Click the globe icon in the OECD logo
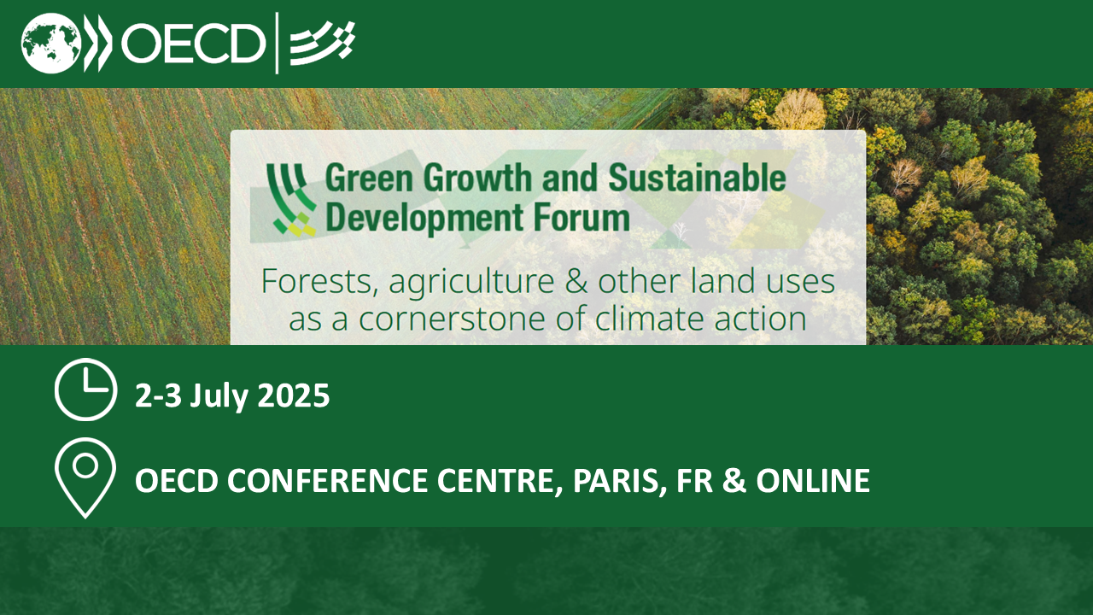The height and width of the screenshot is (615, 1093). point(51,43)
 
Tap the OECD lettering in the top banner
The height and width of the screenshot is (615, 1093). point(193,44)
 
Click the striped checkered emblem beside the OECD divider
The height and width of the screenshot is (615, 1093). point(323,43)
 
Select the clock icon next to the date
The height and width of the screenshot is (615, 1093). point(86,389)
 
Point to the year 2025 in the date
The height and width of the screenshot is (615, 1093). point(293,395)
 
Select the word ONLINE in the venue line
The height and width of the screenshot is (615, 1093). point(813,480)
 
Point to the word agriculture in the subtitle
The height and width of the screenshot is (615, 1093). point(471,283)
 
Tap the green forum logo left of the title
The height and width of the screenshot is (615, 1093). point(291,200)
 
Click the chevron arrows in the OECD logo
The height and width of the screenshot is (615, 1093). point(98,43)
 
